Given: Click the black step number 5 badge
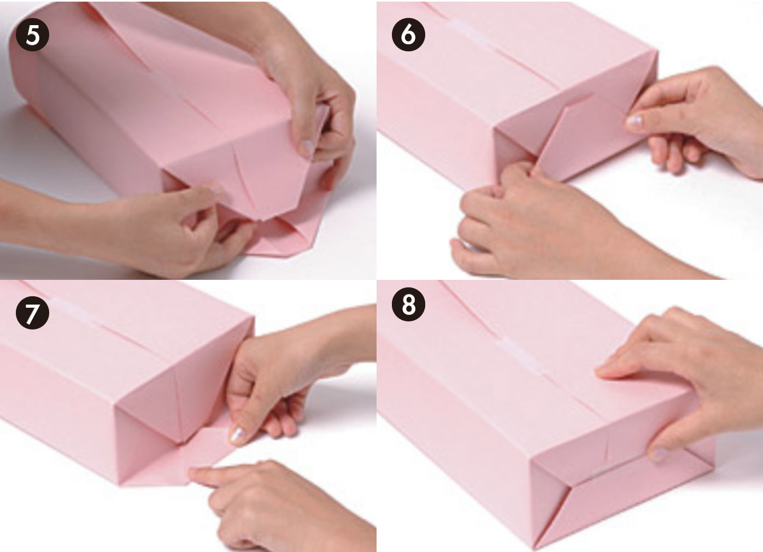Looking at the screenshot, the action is [x=32, y=35].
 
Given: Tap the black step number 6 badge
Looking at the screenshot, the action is [x=408, y=35].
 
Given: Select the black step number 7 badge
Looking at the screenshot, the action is [x=32, y=312].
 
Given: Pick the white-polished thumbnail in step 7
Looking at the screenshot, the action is [x=237, y=436].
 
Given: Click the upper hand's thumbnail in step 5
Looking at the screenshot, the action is [x=308, y=146].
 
